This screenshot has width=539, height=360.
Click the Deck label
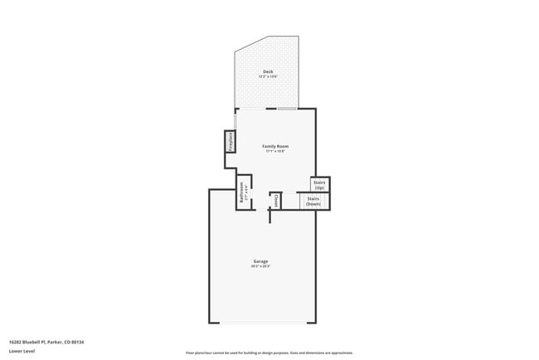(268, 72)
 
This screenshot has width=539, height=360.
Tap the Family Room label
(276, 146)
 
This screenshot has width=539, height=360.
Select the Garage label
(261, 261)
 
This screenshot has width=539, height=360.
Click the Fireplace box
(228, 142)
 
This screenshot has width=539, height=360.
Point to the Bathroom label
(241, 192)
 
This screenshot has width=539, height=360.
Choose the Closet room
(276, 200)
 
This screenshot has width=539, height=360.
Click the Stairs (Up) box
(319, 185)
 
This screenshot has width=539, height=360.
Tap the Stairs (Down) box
(313, 202)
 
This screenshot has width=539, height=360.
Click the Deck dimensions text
(268, 77)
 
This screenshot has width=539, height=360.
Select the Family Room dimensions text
(276, 151)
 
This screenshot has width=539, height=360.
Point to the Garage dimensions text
(261, 266)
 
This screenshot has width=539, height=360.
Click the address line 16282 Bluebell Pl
(30, 342)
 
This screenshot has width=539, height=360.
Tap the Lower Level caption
(22, 351)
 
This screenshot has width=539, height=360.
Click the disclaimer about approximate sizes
(269, 353)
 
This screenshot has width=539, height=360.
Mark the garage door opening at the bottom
(262, 324)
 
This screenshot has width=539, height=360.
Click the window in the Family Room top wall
(286, 109)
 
